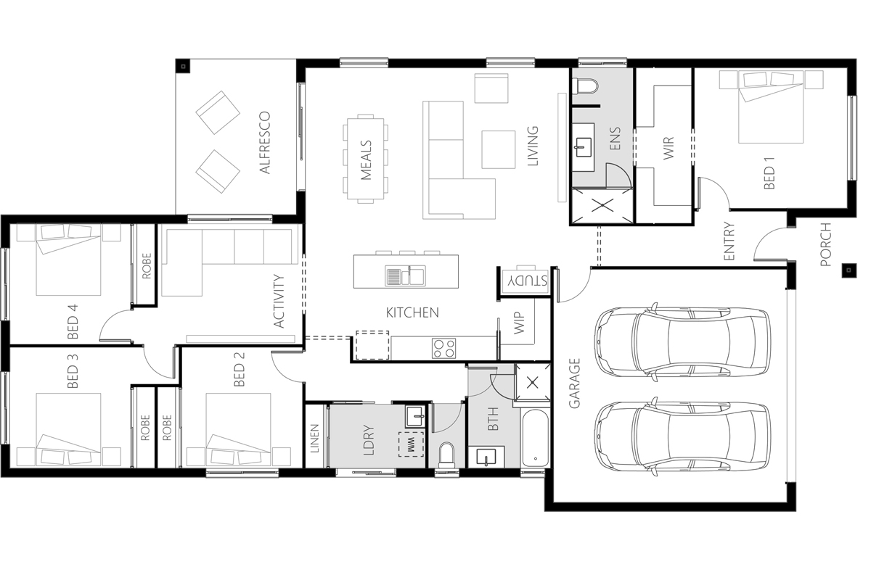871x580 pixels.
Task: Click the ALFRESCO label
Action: tap(264, 143)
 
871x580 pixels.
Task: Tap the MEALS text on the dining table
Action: tap(367, 160)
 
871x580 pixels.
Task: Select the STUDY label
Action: tap(525, 281)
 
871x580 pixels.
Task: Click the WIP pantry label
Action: tap(520, 323)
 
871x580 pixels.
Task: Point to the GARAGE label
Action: tap(574, 383)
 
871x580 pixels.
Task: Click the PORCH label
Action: tap(825, 244)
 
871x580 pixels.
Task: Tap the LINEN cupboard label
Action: tap(314, 438)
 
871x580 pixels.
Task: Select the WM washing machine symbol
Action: tap(411, 444)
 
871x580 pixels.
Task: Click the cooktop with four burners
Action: tap(443, 348)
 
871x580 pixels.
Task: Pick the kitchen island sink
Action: tap(405, 275)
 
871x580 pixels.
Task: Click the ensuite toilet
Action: tap(584, 86)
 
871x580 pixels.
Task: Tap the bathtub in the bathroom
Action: tap(536, 439)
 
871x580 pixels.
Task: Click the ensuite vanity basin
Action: tap(584, 147)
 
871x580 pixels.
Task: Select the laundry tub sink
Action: tap(416, 417)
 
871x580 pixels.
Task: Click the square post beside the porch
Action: tap(848, 270)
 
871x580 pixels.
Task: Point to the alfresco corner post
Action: tap(184, 67)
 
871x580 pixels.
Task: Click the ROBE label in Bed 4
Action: tap(146, 266)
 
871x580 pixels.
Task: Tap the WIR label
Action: tap(668, 148)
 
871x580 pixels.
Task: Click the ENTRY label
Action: tap(729, 241)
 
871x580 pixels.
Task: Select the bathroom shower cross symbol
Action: tap(533, 383)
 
